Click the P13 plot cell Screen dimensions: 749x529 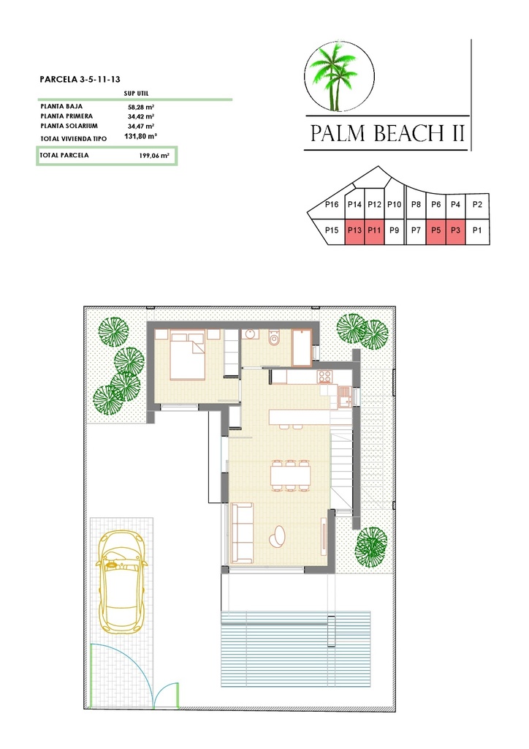(355, 230)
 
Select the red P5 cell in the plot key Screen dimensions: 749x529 (435, 230)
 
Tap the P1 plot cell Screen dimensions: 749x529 (478, 230)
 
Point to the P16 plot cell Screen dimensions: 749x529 (331, 205)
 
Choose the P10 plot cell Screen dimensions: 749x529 (395, 205)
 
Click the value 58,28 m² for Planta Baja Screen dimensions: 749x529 (140, 107)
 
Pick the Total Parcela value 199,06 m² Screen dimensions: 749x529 (153, 156)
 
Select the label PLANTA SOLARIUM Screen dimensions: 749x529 (66, 126)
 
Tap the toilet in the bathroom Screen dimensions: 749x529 (275, 339)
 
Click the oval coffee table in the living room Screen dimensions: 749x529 (278, 536)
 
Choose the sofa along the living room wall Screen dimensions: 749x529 (240, 533)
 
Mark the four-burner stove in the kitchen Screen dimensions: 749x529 (324, 377)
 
